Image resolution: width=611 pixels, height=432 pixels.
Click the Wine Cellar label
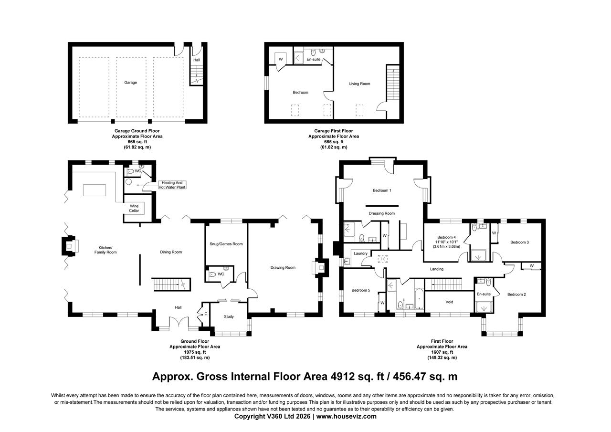(x=134, y=208)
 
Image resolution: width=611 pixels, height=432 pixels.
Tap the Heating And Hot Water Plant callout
(x=172, y=185)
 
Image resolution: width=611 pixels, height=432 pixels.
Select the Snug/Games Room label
(x=226, y=244)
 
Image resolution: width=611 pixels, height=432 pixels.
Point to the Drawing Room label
(x=283, y=268)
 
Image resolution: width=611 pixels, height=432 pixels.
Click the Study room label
(x=229, y=316)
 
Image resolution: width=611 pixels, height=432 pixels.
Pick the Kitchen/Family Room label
(x=107, y=250)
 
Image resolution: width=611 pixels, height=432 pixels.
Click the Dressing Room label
(x=382, y=213)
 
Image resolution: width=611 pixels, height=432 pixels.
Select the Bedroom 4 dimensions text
(x=446, y=244)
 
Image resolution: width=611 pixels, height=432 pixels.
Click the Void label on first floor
(x=449, y=302)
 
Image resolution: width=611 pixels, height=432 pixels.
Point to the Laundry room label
(x=360, y=253)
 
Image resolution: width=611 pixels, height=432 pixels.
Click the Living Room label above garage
(x=359, y=84)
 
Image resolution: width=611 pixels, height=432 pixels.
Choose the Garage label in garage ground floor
(x=130, y=83)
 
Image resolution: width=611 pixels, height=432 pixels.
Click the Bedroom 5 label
(x=361, y=290)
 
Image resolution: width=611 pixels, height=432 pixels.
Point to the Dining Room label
(x=170, y=252)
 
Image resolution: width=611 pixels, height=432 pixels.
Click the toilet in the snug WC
(x=213, y=274)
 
